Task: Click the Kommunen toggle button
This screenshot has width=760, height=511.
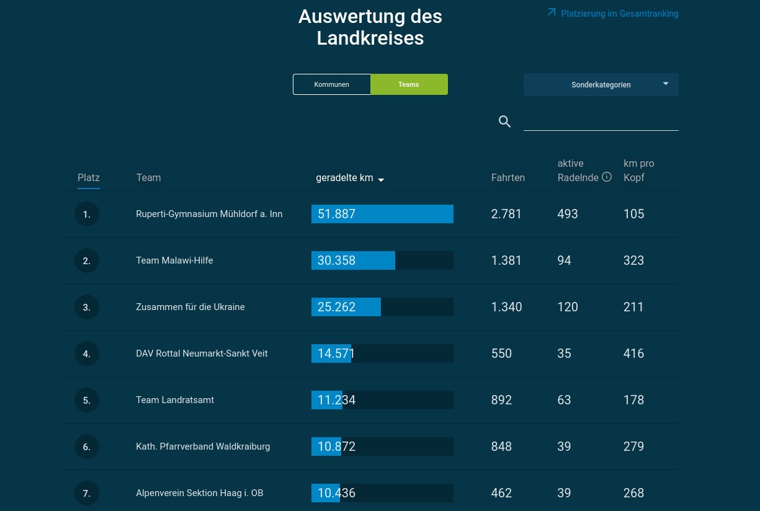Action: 331,84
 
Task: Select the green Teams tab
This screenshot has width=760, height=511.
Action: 409,84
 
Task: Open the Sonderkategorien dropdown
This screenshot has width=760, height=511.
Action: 601,85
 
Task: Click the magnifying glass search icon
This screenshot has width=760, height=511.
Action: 504,122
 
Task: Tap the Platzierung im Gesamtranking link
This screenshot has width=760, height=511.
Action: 613,14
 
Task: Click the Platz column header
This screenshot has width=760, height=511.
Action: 89,178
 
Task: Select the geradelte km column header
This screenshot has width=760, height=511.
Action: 350,178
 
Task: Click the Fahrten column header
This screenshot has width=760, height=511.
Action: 508,178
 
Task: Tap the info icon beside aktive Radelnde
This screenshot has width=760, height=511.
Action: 607,177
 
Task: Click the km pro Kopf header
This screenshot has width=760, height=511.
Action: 638,171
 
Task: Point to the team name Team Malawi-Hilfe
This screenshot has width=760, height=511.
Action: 174,260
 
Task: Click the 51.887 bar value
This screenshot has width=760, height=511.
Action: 336,214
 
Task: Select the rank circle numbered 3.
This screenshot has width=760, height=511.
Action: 87,307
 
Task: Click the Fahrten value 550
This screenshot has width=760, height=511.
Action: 501,353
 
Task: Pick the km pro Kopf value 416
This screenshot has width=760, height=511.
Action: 633,353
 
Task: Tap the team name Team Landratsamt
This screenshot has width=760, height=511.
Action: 175,400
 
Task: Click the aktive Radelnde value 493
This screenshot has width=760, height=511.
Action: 567,214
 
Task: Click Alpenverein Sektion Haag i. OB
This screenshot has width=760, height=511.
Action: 200,493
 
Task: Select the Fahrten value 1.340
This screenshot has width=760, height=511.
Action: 506,307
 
